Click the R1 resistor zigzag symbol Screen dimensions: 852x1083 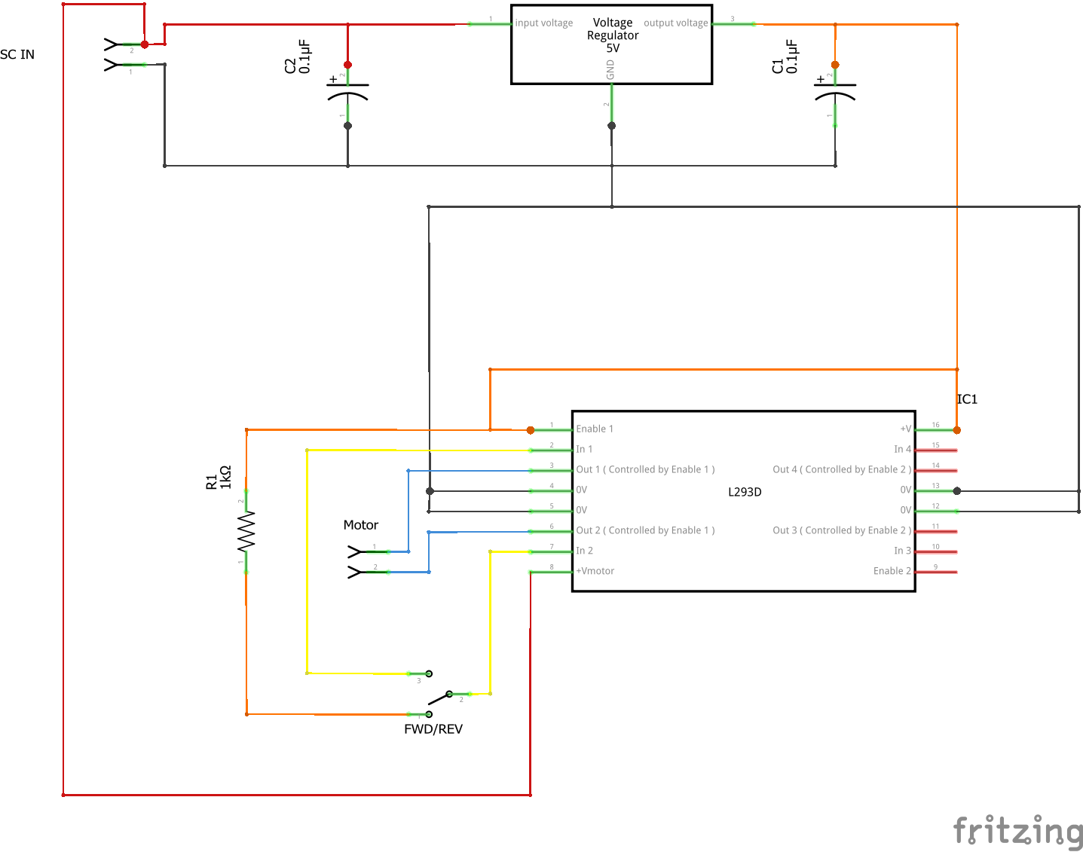coord(246,531)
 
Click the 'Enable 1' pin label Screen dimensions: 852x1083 coord(595,429)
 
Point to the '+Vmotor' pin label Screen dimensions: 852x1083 coord(595,571)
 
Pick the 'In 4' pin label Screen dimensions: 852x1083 coord(902,450)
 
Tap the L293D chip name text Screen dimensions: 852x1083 coord(745,492)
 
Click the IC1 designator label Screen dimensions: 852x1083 coord(967,399)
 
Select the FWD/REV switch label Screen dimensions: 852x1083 coord(433,729)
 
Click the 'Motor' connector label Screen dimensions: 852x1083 coord(361,525)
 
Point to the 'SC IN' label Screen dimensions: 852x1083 coord(17,54)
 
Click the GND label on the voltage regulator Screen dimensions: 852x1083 coord(610,71)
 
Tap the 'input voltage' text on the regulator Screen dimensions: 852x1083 coord(544,23)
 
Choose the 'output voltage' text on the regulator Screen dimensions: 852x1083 coord(675,23)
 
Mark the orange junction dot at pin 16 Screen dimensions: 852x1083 coord(957,430)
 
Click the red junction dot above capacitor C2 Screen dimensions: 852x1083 coord(347,65)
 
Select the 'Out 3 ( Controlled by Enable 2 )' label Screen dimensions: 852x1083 coord(842,530)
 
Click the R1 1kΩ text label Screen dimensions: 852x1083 coord(219,478)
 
